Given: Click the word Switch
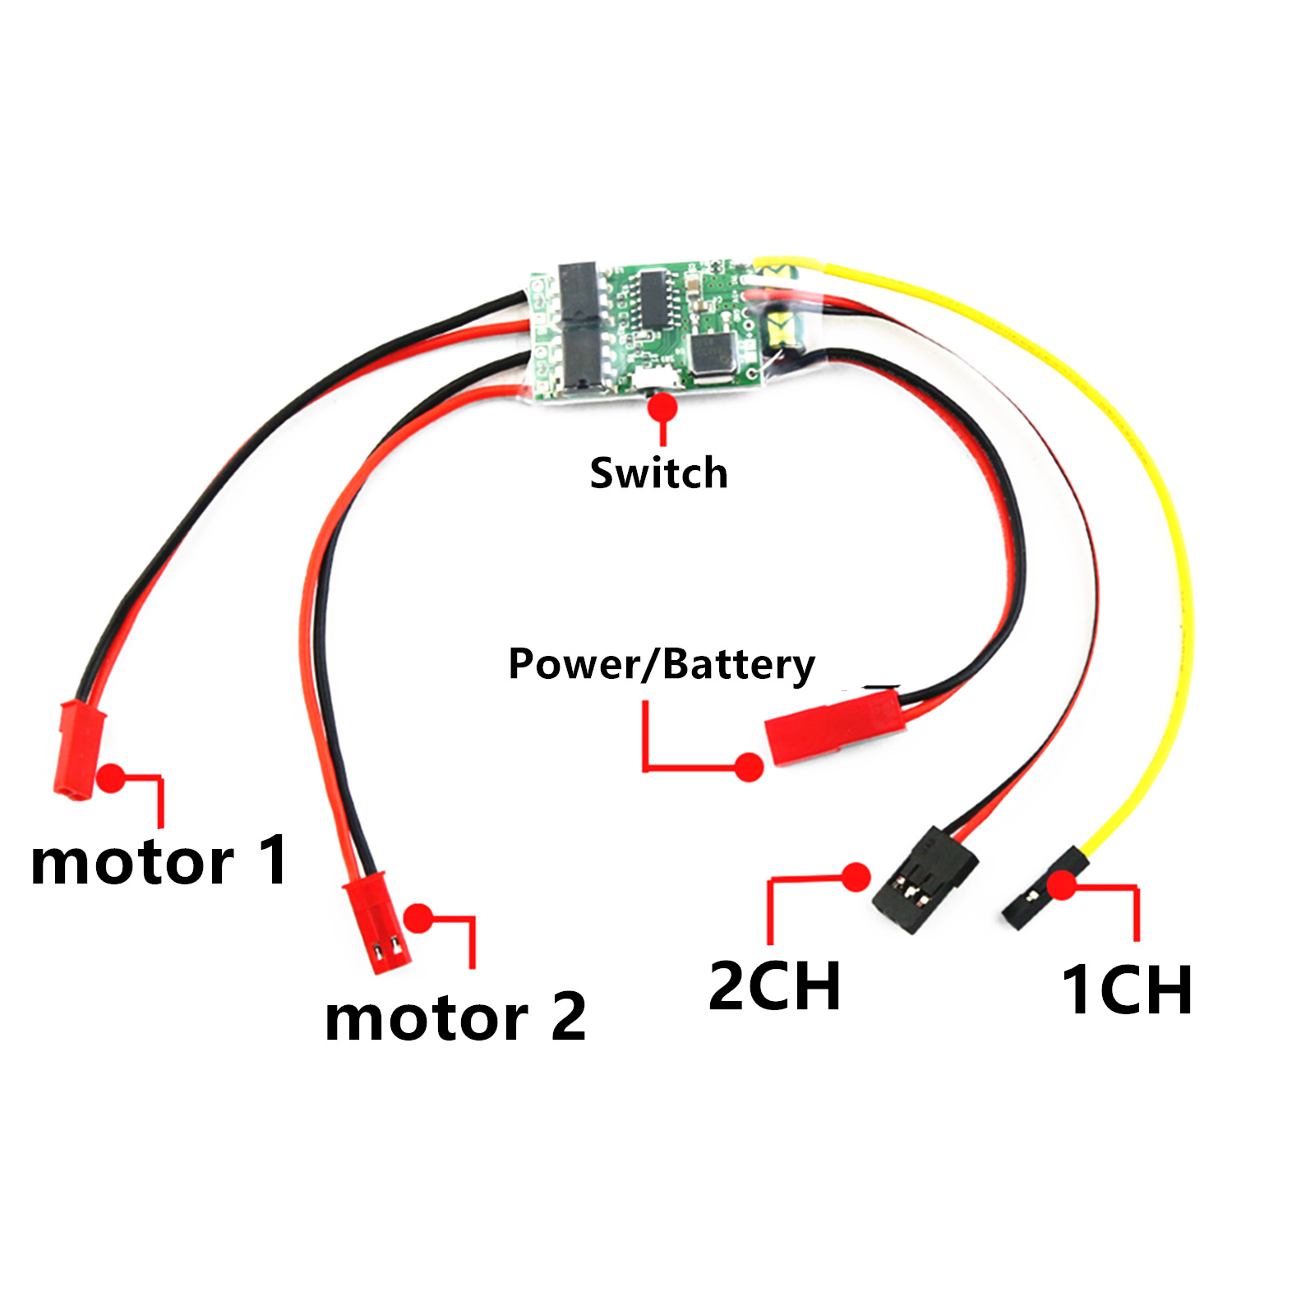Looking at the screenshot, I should [658, 473].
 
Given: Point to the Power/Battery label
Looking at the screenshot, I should [661, 664].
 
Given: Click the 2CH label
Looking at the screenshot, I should [774, 985].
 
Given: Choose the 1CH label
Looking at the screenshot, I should [1127, 990].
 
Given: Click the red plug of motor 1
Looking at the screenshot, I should [79, 749].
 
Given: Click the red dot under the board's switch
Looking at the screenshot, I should [662, 408].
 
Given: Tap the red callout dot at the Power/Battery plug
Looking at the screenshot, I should [748, 768].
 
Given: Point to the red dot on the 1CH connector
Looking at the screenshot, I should [1063, 885].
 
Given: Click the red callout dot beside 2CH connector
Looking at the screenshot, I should [856, 877].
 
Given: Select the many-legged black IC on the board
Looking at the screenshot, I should [656, 300].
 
